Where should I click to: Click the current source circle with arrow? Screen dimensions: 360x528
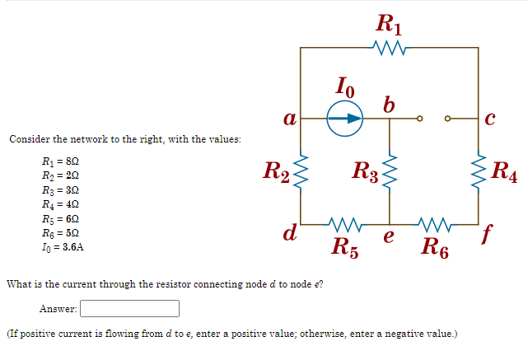[345, 118]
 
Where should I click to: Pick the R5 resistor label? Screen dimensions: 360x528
[345, 245]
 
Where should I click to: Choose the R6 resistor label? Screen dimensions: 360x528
[434, 245]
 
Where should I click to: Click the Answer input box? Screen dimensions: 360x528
[129, 309]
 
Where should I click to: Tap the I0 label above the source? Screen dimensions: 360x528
[346, 84]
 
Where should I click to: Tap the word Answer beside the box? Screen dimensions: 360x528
[58, 309]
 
